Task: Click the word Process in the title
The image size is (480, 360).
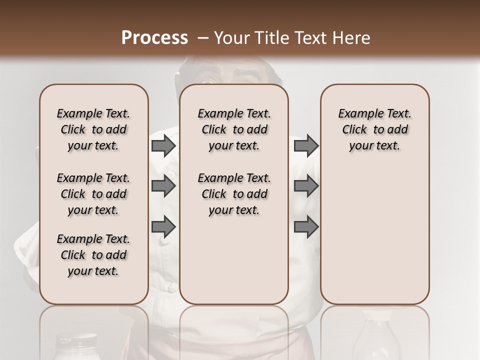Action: pyautogui.click(x=154, y=38)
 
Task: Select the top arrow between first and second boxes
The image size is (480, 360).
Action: pyautogui.click(x=163, y=145)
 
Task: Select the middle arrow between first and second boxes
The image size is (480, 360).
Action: pyautogui.click(x=163, y=186)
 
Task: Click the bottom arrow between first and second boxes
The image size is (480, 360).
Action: pyautogui.click(x=163, y=226)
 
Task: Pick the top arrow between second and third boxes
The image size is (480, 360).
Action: pyautogui.click(x=306, y=145)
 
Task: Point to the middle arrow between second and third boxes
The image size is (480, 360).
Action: pyautogui.click(x=306, y=186)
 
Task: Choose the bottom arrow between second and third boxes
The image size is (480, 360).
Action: pyautogui.click(x=306, y=226)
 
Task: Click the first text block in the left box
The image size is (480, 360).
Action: pyautogui.click(x=93, y=129)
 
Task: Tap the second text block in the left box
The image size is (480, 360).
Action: pyautogui.click(x=93, y=194)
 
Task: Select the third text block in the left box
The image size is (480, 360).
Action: pyautogui.click(x=93, y=255)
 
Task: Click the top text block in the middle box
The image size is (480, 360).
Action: pyautogui.click(x=234, y=129)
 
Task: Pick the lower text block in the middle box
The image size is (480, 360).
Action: pyautogui.click(x=234, y=194)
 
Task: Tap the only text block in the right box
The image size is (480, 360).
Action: pyautogui.click(x=374, y=129)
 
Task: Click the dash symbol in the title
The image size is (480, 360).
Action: pyautogui.click(x=203, y=38)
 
